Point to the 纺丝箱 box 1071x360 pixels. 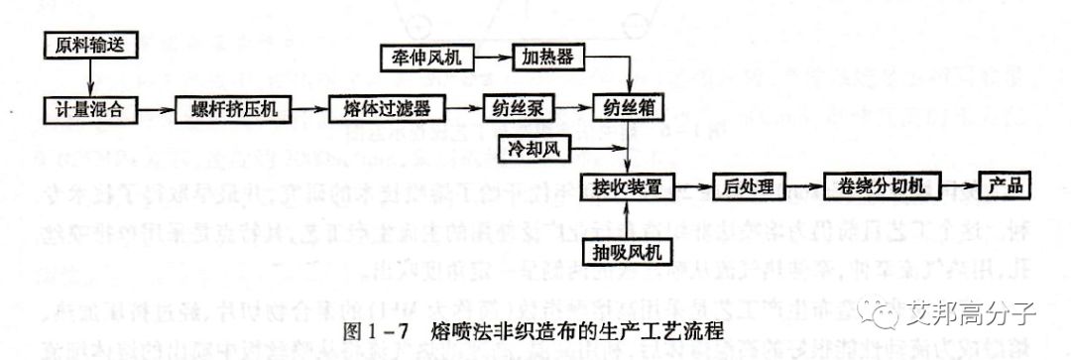point(628,106)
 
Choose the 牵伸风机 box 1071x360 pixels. point(427,56)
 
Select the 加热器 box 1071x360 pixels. point(546,56)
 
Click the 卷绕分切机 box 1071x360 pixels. point(878,186)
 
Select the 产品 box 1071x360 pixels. point(1006,186)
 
